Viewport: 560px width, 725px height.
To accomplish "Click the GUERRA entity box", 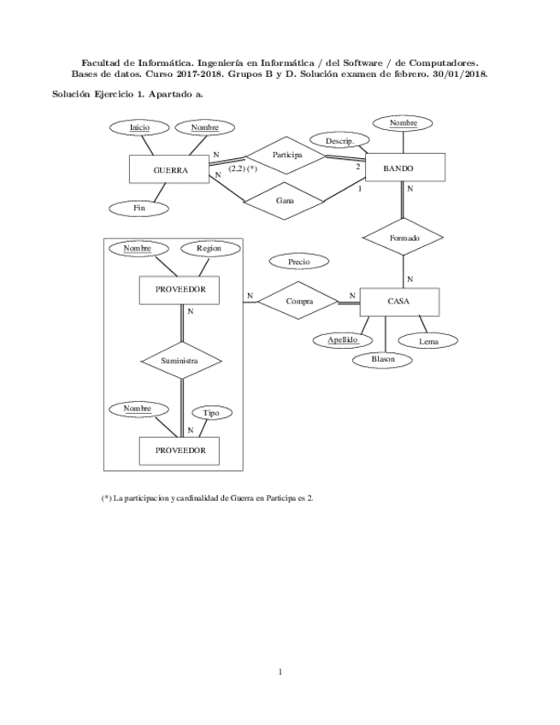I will [x=169, y=169].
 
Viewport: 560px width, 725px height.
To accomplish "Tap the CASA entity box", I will [x=399, y=302].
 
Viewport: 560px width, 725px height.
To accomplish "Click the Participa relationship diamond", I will [x=287, y=155].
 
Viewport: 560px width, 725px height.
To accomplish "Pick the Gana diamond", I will [x=285, y=200].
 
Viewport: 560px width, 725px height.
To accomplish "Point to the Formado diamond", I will [x=404, y=238].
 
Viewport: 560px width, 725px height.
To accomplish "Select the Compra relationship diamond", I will [x=299, y=301].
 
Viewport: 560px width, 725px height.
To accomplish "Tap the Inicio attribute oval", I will [x=140, y=127].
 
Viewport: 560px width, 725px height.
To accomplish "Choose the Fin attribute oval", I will [x=139, y=208].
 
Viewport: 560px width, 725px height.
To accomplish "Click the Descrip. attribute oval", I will [x=333, y=139].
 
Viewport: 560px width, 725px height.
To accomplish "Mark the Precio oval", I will [x=299, y=261].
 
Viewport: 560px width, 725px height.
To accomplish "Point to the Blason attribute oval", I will [x=383, y=359].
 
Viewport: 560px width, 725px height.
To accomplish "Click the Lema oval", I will [x=428, y=341].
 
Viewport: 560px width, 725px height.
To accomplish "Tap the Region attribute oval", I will [x=209, y=248].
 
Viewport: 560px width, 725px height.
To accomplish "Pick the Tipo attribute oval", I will [x=210, y=412].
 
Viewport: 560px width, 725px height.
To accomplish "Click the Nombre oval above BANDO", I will [x=403, y=124].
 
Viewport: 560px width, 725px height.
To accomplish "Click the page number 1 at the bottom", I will [x=280, y=672].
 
